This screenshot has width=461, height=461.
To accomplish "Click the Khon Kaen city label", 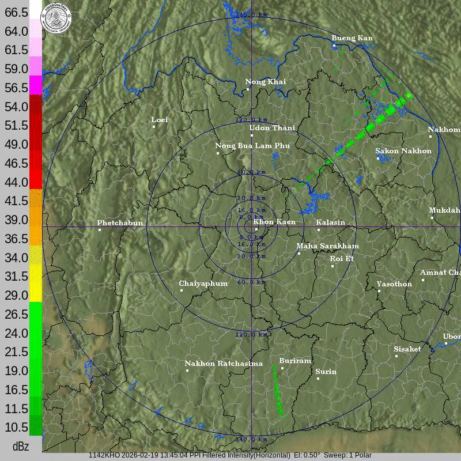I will [x=274, y=222].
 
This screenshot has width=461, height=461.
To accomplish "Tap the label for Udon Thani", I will [x=272, y=128].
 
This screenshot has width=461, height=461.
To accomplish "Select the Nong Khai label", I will [x=265, y=82].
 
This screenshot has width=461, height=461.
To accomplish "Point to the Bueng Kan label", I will [x=352, y=38].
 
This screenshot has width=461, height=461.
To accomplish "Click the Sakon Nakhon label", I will [x=403, y=151].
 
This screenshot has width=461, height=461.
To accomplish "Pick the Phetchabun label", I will [x=120, y=223].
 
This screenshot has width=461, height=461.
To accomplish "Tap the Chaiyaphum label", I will [x=203, y=284].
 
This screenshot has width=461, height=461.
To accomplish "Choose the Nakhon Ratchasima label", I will [x=224, y=364].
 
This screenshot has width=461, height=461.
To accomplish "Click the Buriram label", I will [x=295, y=361].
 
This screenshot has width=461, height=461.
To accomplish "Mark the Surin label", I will [x=326, y=372].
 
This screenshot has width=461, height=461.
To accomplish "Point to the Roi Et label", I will [x=342, y=259].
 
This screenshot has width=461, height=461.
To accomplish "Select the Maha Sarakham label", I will [x=327, y=246].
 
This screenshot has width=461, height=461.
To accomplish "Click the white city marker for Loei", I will [x=154, y=127].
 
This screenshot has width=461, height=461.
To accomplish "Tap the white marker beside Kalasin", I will [x=319, y=230].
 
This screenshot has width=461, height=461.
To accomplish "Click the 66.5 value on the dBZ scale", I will [x=17, y=12].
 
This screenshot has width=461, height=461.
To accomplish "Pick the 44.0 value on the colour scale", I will [x=17, y=182].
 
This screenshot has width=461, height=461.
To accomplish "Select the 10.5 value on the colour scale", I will [x=17, y=427].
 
